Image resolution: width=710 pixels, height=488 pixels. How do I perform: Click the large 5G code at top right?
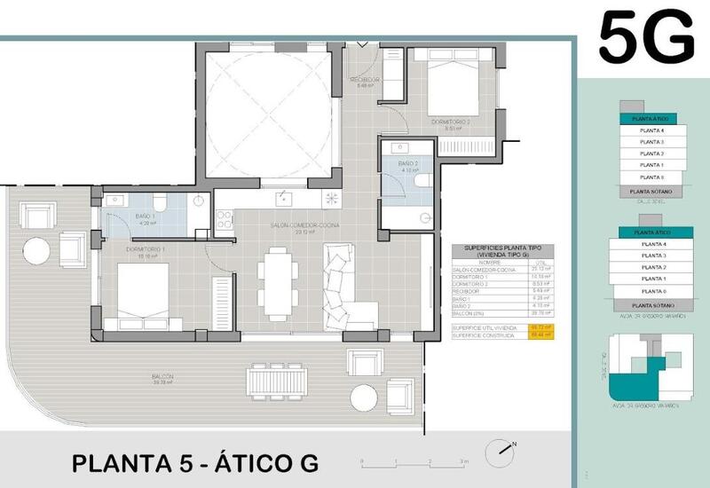click(x=645, y=37)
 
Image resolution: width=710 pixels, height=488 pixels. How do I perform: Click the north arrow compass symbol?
click(x=502, y=451)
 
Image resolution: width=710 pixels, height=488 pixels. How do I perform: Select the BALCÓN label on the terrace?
click(x=162, y=377)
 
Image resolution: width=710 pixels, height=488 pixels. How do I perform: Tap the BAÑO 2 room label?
click(x=407, y=163)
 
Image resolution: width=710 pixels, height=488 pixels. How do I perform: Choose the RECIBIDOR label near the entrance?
click(x=364, y=80)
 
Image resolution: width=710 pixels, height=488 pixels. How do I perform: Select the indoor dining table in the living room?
click(x=278, y=284)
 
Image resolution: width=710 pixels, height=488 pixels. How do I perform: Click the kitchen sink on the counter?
click(x=284, y=197)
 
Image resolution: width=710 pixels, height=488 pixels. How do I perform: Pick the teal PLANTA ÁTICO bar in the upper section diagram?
click(x=647, y=118)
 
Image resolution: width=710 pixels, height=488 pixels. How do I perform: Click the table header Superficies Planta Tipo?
click(x=502, y=251)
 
